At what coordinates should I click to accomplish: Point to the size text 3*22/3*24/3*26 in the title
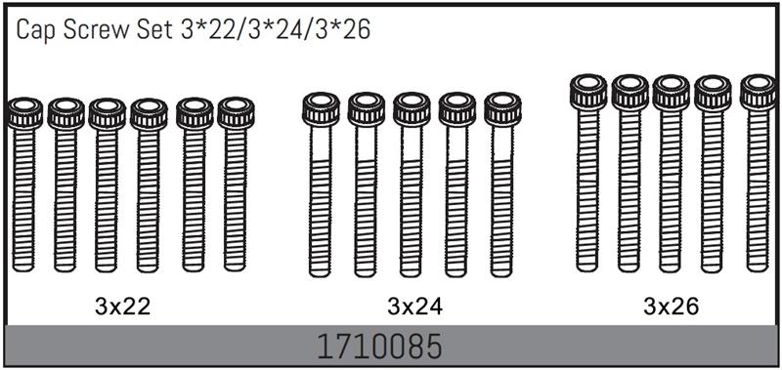(x=274, y=30)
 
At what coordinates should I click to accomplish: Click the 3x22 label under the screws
(x=122, y=308)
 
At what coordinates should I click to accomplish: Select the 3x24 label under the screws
(x=414, y=308)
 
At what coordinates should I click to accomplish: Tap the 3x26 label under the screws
(x=671, y=308)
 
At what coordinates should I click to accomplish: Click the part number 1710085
(x=380, y=348)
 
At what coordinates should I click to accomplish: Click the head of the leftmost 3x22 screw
(x=25, y=113)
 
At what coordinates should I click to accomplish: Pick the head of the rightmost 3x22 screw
(x=236, y=113)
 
